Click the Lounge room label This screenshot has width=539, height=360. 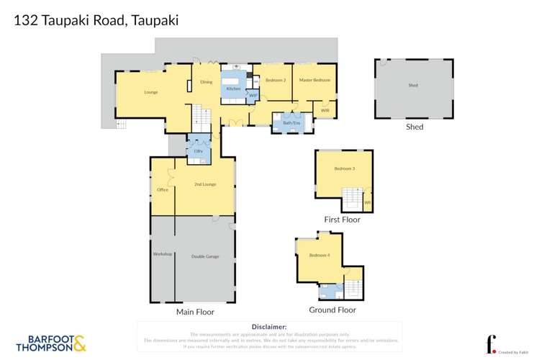click(x=150, y=92)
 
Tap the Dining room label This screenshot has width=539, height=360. click(x=206, y=82)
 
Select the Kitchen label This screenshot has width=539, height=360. click(x=233, y=89)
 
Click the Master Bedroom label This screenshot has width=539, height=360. click(x=314, y=80)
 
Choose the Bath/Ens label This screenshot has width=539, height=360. click(x=291, y=123)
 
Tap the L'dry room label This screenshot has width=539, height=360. click(x=198, y=150)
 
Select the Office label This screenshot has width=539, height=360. click(x=162, y=189)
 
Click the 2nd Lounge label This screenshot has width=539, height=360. click(x=205, y=184)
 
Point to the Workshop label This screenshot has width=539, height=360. click(x=162, y=254)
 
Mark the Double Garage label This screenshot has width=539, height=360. click(x=205, y=256)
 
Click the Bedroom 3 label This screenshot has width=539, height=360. click(x=344, y=168)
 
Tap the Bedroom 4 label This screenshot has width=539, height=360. click(x=319, y=256)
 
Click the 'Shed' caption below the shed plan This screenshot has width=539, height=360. click(x=414, y=127)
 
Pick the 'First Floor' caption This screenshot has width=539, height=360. click(x=343, y=220)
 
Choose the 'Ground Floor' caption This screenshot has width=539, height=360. click(x=332, y=310)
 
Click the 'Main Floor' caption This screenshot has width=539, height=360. click(x=195, y=312)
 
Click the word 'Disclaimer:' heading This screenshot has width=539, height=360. click(x=269, y=327)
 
